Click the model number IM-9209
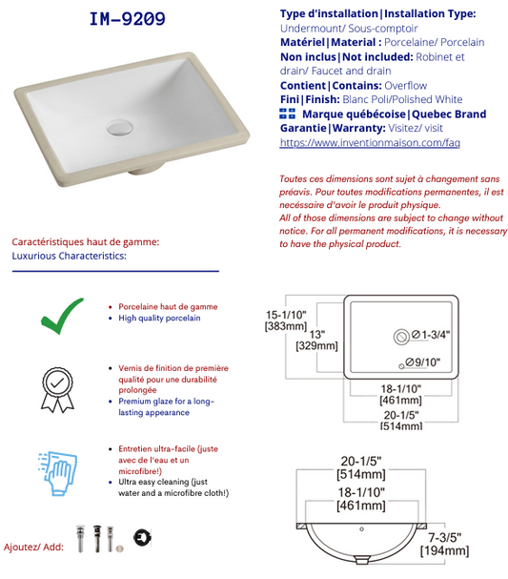coord(128,19)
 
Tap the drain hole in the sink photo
coord(119,128)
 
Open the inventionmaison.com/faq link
coord(370,142)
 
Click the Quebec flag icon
coord(288,114)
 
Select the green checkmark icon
coord(62,316)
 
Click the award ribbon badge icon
coord(57,389)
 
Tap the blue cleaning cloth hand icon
coord(57,473)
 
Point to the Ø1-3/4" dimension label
coord(431,335)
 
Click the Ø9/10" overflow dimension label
coord(423,362)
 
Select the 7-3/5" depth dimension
coord(444,538)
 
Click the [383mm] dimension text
coord(286,326)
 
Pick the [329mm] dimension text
coord(316,346)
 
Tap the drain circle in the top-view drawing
coord(401,337)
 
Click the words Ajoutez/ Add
coord(33,547)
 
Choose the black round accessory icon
coord(142,537)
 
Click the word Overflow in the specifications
coord(405,86)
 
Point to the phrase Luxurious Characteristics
coord(69,256)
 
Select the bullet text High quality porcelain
coord(159,318)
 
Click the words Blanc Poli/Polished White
coord(402,100)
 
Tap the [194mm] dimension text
coord(444,550)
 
